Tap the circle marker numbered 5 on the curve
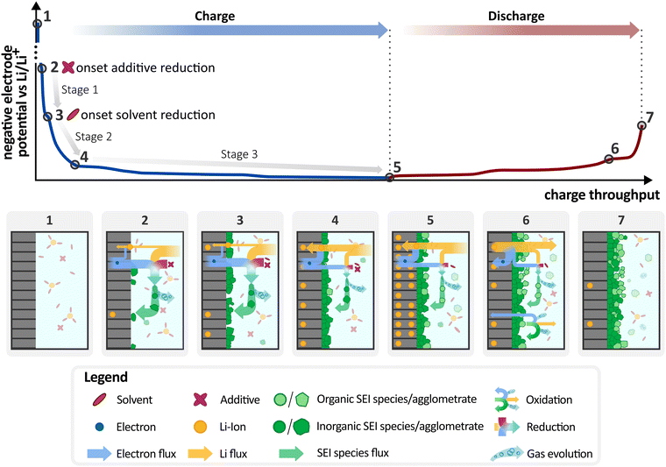pyautogui.click(x=389, y=177)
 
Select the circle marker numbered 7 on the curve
pyautogui.click(x=642, y=125)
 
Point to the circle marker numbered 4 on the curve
pyautogui.click(x=74, y=164)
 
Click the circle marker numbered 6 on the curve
pyautogui.click(x=609, y=159)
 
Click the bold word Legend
pyautogui.click(x=105, y=378)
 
